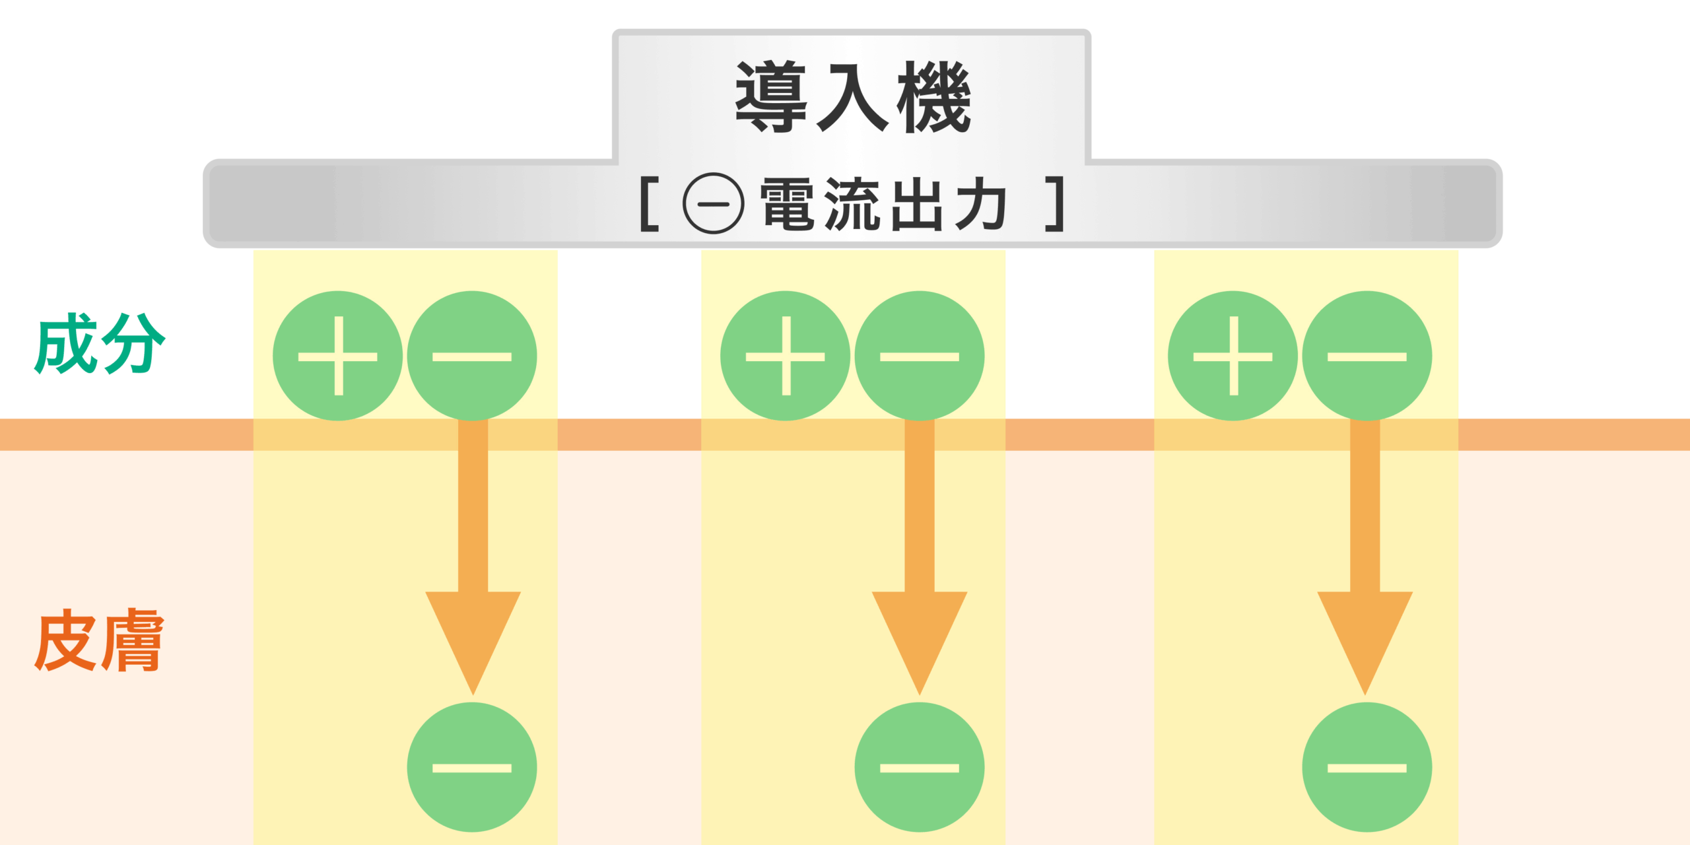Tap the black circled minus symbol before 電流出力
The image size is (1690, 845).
(713, 203)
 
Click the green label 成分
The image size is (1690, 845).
(99, 343)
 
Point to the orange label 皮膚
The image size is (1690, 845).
(99, 640)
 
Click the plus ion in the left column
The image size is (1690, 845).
(338, 356)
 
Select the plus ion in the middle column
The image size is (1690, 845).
(785, 356)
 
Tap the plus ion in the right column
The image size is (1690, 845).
(1233, 356)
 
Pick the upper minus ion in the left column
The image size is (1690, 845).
(472, 356)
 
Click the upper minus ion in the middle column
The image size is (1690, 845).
(919, 356)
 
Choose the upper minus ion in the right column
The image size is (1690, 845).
(1367, 356)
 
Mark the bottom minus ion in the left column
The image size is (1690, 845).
(472, 767)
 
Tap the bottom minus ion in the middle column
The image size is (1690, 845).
(919, 767)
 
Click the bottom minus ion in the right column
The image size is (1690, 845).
(1367, 767)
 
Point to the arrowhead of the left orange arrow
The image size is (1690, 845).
(473, 634)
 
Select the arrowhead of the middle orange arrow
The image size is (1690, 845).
(919, 634)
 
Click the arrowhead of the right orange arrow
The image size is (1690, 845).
(1365, 634)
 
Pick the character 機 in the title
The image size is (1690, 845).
(933, 97)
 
